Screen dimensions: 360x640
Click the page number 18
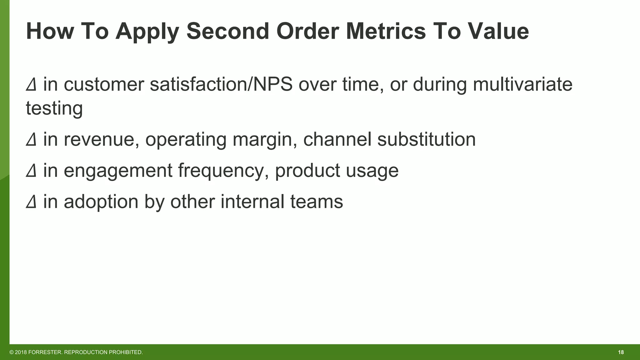click(621, 352)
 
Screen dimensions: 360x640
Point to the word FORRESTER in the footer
click(45, 352)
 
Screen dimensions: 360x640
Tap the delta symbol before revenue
click(31, 139)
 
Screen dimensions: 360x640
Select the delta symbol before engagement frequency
click(31, 171)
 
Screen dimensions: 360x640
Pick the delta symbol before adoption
click(31, 202)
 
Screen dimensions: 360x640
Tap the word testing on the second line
click(54, 108)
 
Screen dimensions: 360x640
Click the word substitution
click(426, 139)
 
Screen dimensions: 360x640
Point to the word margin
click(265, 140)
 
